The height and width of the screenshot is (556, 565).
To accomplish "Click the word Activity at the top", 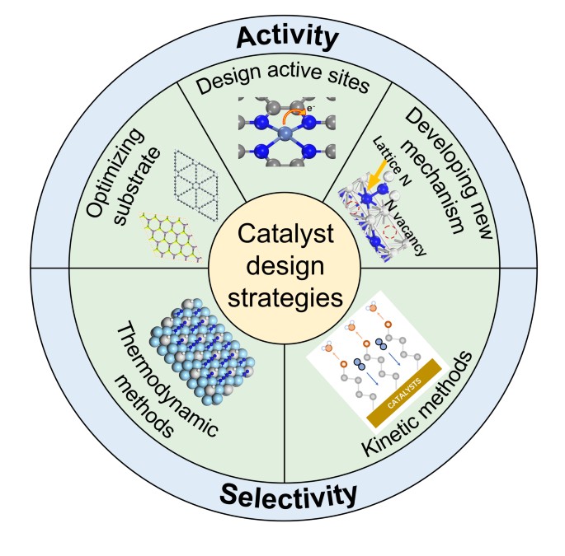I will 288,36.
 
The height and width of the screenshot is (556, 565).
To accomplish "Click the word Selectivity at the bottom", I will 288,495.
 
